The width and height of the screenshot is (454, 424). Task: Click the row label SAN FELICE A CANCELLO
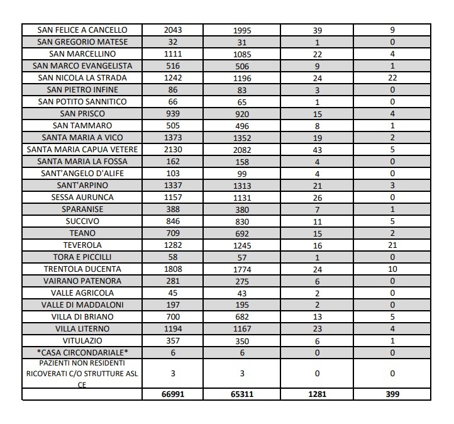[82, 30]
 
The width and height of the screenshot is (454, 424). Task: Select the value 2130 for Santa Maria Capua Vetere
[173, 149]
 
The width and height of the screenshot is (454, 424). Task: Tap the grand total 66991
[173, 394]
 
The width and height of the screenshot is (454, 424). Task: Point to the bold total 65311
[242, 394]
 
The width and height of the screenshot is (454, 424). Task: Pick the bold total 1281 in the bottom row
[317, 394]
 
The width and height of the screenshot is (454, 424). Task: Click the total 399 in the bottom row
[392, 394]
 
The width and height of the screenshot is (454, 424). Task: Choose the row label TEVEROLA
[82, 245]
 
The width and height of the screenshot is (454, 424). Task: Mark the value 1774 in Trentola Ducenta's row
[242, 269]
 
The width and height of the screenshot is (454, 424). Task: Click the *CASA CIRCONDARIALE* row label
[82, 353]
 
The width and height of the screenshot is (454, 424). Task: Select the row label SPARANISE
[82, 209]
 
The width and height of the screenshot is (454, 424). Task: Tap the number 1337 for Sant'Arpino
[173, 185]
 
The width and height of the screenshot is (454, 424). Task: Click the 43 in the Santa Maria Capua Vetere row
[317, 150]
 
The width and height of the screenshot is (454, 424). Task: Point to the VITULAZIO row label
[82, 341]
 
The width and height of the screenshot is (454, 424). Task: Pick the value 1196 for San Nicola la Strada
[242, 78]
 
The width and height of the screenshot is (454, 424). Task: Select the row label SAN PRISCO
[82, 114]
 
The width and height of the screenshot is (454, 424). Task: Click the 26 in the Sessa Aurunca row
[317, 198]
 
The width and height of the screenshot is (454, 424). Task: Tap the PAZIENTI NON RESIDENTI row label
[82, 374]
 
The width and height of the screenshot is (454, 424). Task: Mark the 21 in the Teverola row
[392, 245]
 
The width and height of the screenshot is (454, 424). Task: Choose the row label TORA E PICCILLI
[82, 257]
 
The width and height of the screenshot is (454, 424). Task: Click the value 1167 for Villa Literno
[242, 329]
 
